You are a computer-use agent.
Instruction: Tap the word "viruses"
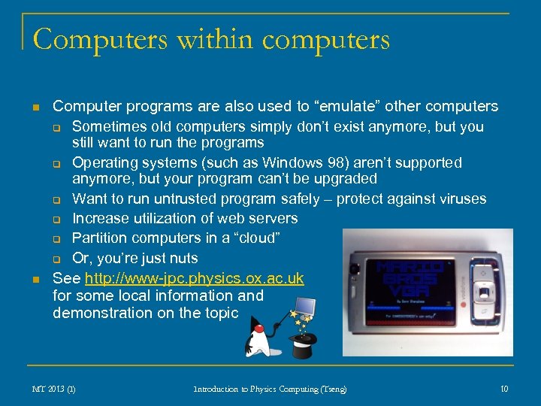pos(461,199)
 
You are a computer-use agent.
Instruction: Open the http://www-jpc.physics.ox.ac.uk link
pos(195,278)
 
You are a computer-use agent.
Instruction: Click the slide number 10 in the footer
pos(504,388)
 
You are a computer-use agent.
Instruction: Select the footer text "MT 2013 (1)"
pos(53,389)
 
